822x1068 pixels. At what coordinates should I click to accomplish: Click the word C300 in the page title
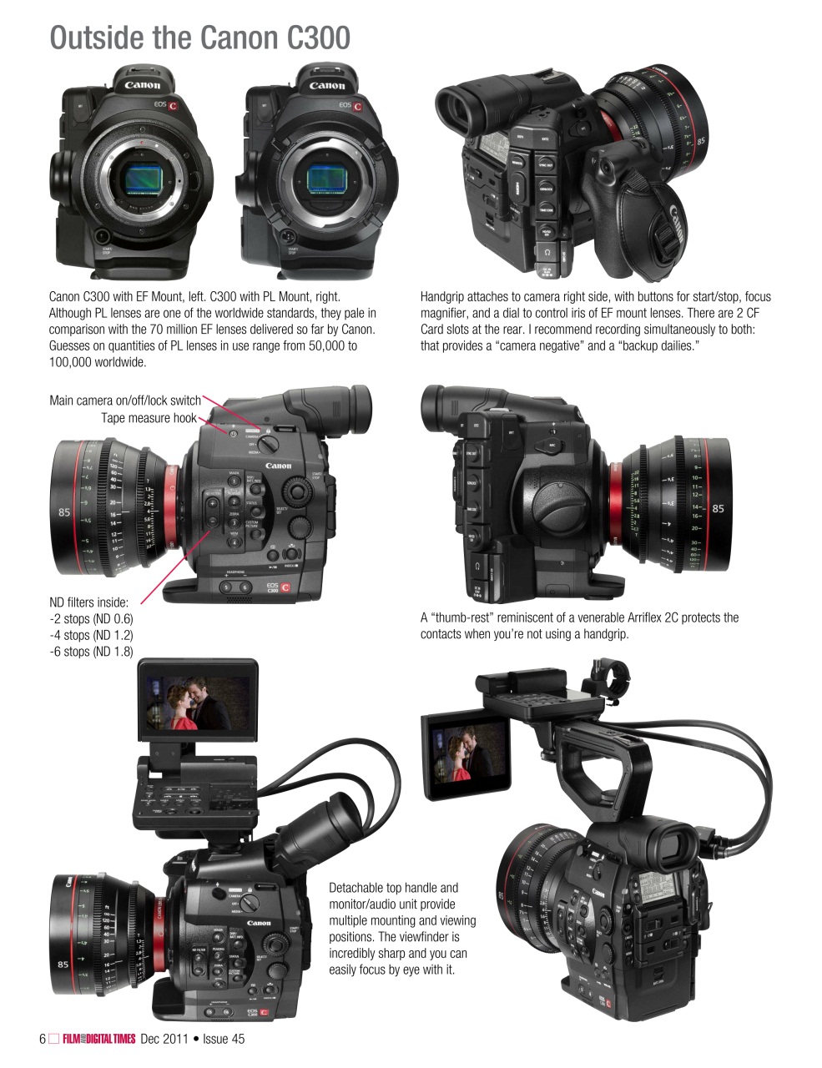pyautogui.click(x=311, y=38)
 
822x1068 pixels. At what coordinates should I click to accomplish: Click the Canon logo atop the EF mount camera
pyautogui.click(x=143, y=84)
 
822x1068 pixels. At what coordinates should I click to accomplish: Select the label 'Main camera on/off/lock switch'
pyautogui.click(x=125, y=400)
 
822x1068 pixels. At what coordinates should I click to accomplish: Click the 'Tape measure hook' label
pyautogui.click(x=149, y=418)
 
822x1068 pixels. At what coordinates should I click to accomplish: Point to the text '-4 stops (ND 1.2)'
pyautogui.click(x=91, y=635)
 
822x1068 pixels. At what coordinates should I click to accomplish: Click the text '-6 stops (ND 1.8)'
pyautogui.click(x=91, y=652)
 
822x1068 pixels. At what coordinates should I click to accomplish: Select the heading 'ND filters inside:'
pyautogui.click(x=89, y=602)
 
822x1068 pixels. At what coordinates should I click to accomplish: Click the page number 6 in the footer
pyautogui.click(x=43, y=1039)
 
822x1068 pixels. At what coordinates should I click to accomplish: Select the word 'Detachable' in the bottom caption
pyautogui.click(x=358, y=888)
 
